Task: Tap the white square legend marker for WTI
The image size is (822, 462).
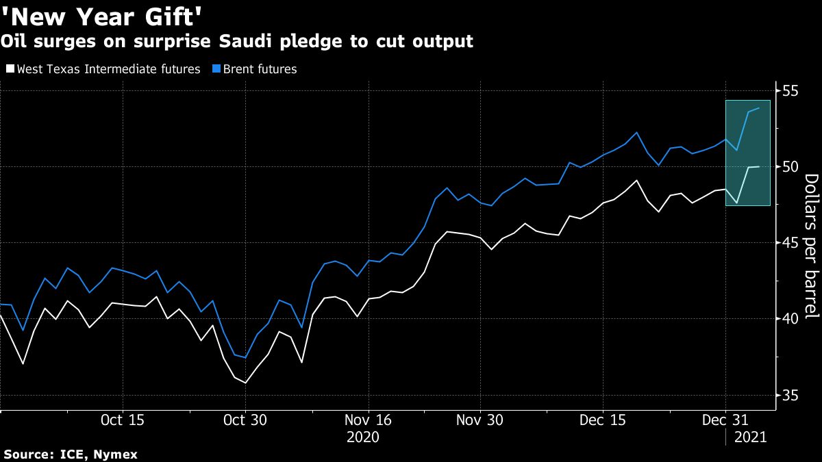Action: point(10,69)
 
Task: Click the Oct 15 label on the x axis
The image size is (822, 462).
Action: point(122,420)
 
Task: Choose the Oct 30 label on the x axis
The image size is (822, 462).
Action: point(245,420)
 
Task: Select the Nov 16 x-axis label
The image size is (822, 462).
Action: point(368,420)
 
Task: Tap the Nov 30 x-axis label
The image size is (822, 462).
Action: point(479,420)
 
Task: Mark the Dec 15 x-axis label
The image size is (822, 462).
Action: point(602,420)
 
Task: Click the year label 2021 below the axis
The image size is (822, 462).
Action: point(749,436)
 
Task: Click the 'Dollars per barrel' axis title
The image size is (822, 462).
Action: point(812,246)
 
